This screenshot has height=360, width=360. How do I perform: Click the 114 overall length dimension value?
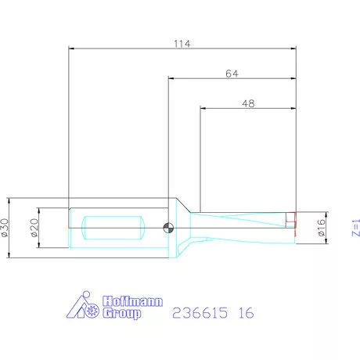point(182,44)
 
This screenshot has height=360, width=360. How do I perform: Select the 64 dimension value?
point(232,74)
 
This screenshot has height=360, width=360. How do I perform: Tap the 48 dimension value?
point(248,103)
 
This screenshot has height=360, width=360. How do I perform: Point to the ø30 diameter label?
point(5,228)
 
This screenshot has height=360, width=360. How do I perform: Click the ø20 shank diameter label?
point(34,228)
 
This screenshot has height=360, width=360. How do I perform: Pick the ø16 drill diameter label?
point(322,228)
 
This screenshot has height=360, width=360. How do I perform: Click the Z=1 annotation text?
point(356,228)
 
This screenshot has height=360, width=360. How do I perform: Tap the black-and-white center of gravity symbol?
point(168,228)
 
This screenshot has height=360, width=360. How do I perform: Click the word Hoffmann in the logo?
point(132,301)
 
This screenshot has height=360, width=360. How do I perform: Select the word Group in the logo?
point(121,313)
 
